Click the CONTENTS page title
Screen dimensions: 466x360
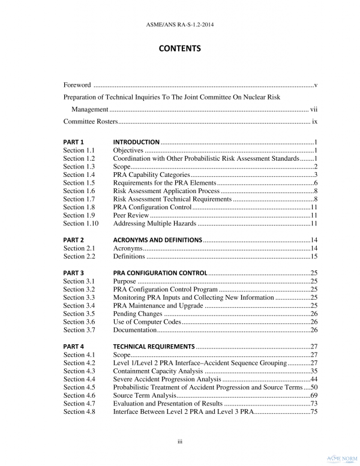tap(179, 48)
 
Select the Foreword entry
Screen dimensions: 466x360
tap(77, 85)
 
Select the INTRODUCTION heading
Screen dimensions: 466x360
tap(136, 142)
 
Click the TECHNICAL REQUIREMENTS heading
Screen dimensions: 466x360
tap(154, 347)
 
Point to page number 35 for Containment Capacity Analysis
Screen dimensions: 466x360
tap(313, 371)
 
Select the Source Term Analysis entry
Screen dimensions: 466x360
tap(144, 396)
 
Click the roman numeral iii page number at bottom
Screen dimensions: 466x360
tap(179, 442)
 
